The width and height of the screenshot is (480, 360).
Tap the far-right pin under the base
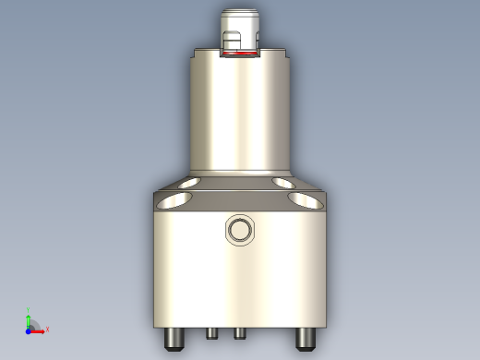(x=304, y=339)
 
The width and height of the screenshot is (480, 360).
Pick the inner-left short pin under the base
(x=211, y=332)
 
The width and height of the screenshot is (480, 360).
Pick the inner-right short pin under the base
(x=239, y=332)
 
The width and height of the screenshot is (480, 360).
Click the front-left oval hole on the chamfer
(x=168, y=199)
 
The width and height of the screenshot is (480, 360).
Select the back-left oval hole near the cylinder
(x=187, y=182)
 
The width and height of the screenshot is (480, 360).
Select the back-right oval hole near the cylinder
(x=290, y=182)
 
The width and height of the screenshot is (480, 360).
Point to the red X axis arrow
(x=39, y=328)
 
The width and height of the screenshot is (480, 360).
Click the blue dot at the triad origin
(x=29, y=328)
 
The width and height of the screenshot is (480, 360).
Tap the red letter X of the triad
(x=47, y=329)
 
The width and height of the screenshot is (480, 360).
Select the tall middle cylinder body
(x=239, y=115)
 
